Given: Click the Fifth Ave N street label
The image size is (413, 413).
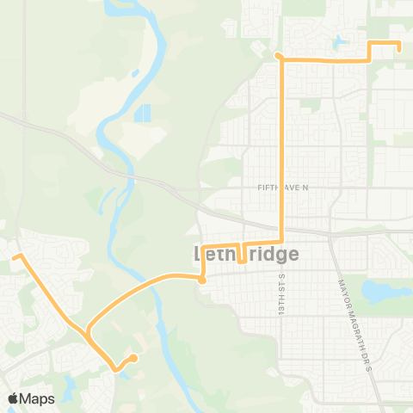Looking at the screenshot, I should [282, 187].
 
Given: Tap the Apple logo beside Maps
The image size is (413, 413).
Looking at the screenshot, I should [14, 398].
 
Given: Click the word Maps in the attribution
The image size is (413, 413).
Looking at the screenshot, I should [37, 398].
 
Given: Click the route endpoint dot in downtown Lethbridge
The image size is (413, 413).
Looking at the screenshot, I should [201, 280].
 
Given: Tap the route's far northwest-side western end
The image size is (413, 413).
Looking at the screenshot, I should [15, 256].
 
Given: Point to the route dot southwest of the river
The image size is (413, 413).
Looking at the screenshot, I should [134, 358].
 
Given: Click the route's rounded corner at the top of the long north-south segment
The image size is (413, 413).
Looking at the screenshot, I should [279, 57].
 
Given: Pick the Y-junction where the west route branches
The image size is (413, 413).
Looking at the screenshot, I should [88, 330].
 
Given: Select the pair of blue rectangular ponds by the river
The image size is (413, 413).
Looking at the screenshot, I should [141, 112].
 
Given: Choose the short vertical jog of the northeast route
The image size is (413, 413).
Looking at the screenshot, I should [369, 52].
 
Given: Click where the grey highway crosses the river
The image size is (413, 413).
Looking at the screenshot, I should [135, 179].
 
